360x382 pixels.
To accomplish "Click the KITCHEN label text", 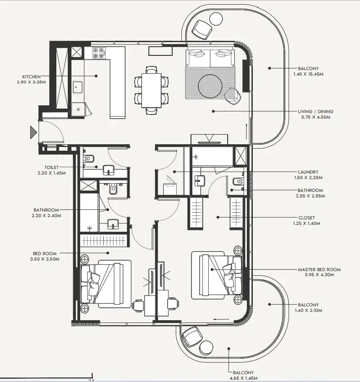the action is coord(31,77).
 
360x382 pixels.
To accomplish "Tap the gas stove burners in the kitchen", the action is coord(99,53).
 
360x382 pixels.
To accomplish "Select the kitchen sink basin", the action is coord(78,87).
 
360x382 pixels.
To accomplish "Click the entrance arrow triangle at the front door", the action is coord(33,132).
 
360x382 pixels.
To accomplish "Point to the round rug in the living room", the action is coord(210,86).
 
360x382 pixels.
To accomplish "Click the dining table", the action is coord(151,90).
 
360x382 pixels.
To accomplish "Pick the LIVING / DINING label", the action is coord(316,112).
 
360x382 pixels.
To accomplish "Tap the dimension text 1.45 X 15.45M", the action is coord(308,74).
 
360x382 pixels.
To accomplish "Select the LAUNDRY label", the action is coord(308,172).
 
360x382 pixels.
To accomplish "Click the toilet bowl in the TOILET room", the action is coord(89,158).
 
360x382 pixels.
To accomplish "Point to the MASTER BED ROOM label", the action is coord(319,269).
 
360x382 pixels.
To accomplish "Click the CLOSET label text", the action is coord(306,218).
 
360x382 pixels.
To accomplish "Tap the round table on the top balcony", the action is coord(216,18).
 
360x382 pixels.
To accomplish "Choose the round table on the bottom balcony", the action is coord(206,347).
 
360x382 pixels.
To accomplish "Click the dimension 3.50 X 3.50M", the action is coord(45,259).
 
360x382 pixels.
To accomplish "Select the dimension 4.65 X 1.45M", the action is coord(243,378).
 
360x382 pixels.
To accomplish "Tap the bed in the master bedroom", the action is coord(217,276).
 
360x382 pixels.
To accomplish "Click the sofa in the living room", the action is coord(210,58).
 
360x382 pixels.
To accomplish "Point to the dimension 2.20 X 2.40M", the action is coord(46,216).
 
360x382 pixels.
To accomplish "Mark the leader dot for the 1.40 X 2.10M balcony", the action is coord(269,304).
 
